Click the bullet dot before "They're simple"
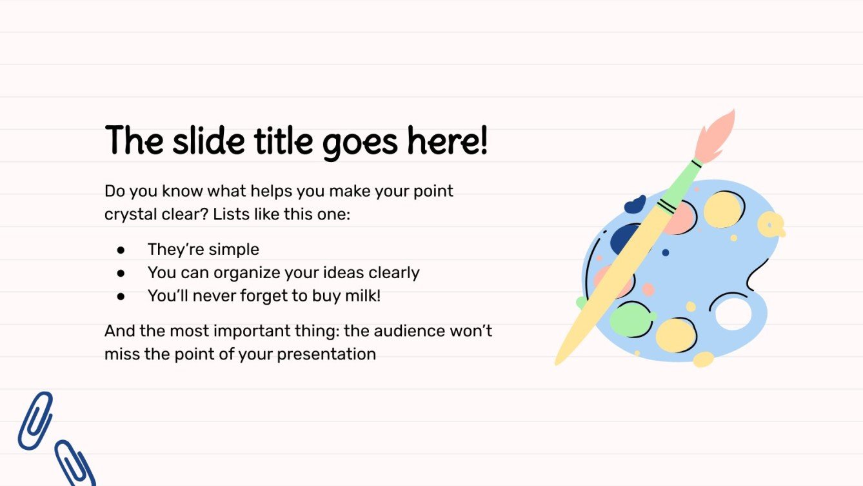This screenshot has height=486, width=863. (121, 250)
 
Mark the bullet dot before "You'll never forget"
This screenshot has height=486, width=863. (121, 296)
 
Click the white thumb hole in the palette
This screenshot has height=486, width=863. (733, 313)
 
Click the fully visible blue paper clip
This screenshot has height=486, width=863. (35, 420)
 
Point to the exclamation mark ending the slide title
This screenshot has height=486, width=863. (483, 141)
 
